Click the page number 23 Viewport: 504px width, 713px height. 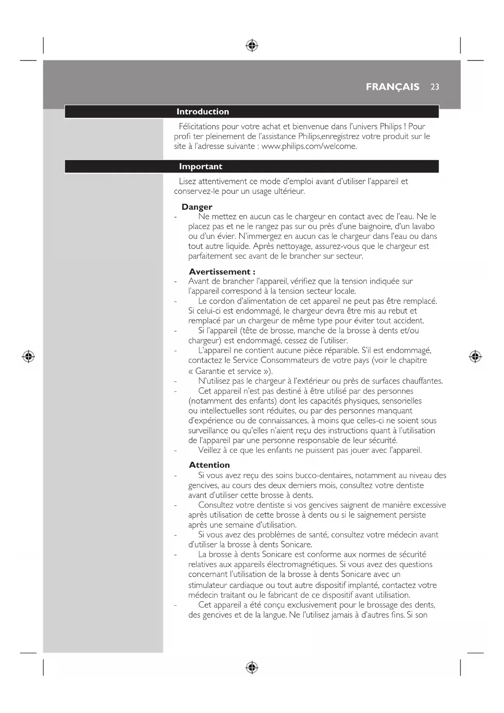click(x=435, y=87)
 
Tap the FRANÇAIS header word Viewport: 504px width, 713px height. click(x=392, y=87)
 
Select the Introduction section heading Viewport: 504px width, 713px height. click(x=203, y=112)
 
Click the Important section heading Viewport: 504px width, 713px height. click(x=201, y=167)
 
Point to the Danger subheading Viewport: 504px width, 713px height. click(x=197, y=207)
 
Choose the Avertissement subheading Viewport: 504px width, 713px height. click(x=222, y=272)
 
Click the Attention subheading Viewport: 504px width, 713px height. click(x=209, y=465)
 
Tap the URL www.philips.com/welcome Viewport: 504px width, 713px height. click(x=309, y=146)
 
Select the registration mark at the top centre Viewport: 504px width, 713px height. click(x=252, y=45)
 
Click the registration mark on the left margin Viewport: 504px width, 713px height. click(x=28, y=356)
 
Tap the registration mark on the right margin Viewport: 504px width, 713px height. click(x=475, y=356)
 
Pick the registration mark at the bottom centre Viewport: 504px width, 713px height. click(x=252, y=667)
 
